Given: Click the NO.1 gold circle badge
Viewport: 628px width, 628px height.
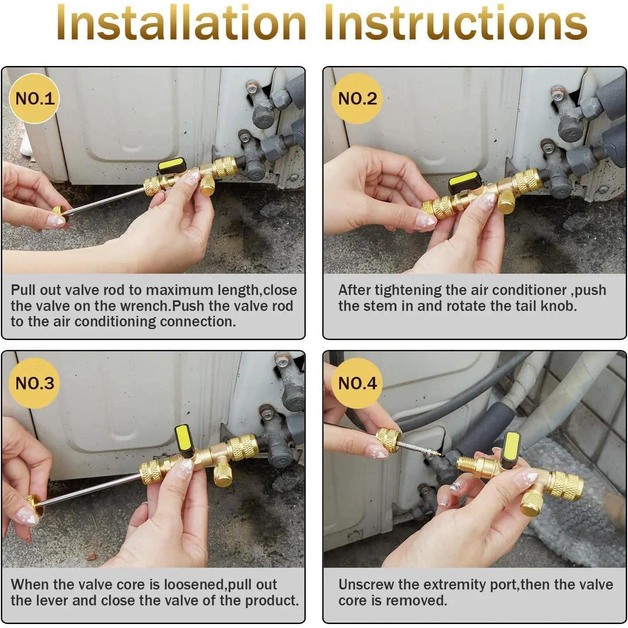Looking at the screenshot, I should tap(34, 98).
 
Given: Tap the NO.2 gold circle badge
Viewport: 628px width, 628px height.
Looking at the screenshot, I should tap(357, 98).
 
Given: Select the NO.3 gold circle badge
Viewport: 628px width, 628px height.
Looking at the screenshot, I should tap(34, 383).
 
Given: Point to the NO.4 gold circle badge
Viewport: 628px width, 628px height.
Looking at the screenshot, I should tap(357, 383).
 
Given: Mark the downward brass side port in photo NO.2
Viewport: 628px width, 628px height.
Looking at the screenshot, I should tap(505, 202).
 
